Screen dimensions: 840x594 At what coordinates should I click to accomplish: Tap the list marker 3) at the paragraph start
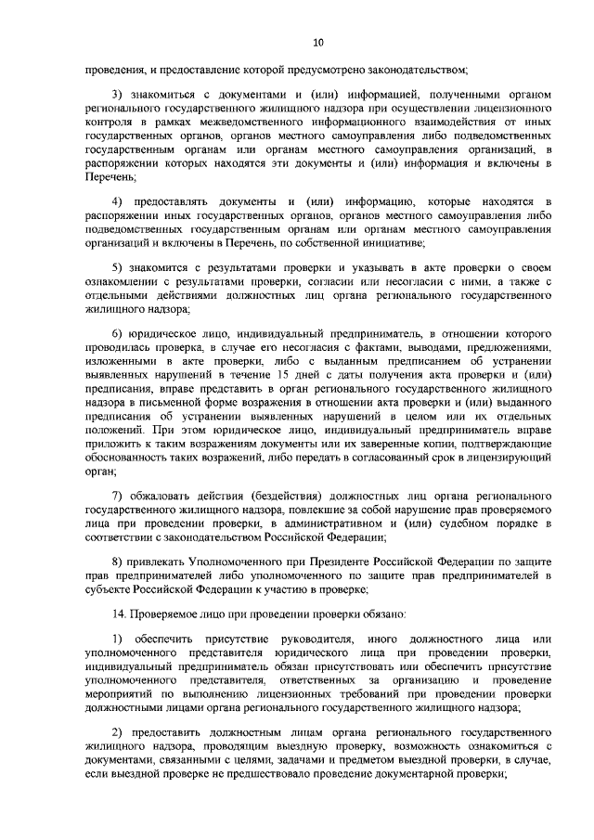coord(117,96)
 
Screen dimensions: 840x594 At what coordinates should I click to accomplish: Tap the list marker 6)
coord(117,333)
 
